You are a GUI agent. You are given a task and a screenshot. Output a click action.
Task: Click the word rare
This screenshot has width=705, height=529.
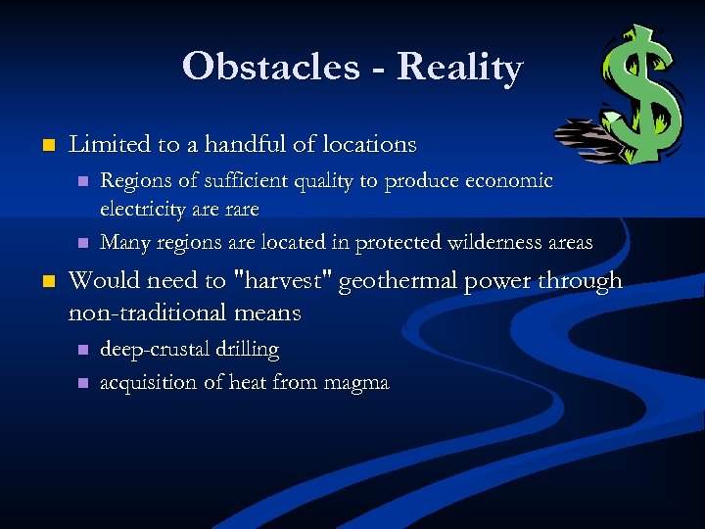click(x=240, y=209)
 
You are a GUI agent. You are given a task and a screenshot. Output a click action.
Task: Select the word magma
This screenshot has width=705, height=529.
click(x=355, y=382)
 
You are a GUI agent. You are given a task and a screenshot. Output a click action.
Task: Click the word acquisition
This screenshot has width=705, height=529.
click(x=148, y=382)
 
